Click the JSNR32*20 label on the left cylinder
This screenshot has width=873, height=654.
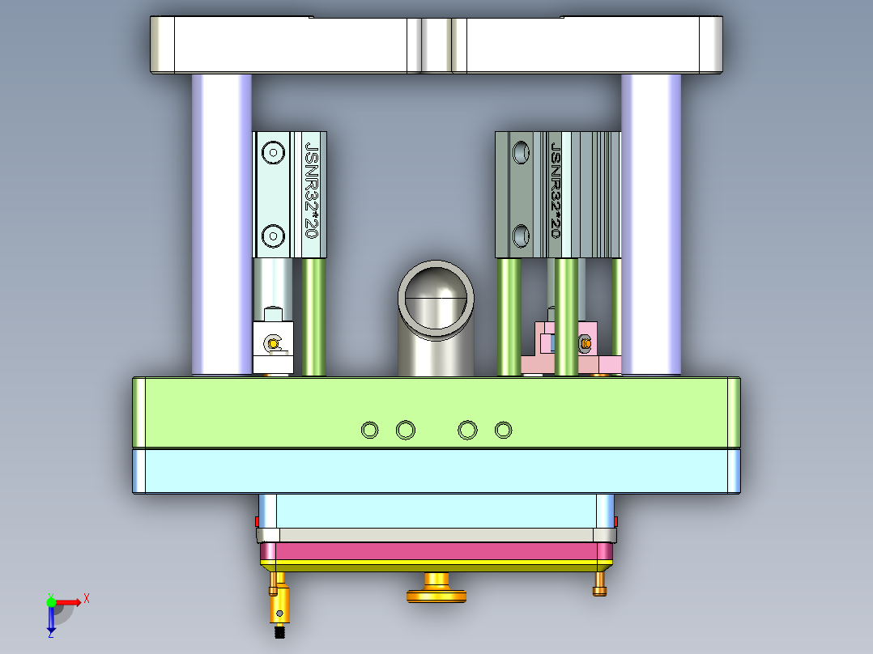311,189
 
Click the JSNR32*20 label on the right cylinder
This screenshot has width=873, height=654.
556,189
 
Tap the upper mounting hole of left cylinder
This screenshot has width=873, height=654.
273,152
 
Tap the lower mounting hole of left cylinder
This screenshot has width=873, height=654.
273,236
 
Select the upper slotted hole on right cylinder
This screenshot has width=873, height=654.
521,151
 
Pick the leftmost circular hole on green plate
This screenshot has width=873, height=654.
369,431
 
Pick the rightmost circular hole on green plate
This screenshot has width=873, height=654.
504,430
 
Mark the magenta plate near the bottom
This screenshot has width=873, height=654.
436,552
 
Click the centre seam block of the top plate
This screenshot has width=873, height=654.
436,45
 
